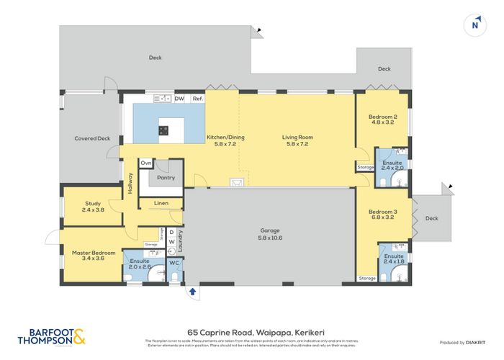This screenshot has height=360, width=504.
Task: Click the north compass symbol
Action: click(474, 23)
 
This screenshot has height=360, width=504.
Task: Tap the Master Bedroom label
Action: click(93, 256)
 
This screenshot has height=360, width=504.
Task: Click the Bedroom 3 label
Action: click(383, 215)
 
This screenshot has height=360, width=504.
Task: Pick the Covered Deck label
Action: click(92, 138)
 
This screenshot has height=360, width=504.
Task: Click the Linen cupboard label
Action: click(161, 204)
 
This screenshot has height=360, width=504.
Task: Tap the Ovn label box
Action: click(146, 163)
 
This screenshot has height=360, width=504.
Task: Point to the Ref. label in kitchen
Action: click(197, 98)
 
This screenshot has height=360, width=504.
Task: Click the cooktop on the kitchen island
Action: click(163, 130)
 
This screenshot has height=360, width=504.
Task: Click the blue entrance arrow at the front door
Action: click(192, 292)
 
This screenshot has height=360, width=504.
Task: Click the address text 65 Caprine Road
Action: click(251, 328)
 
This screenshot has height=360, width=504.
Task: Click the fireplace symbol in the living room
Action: click(235, 182)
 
